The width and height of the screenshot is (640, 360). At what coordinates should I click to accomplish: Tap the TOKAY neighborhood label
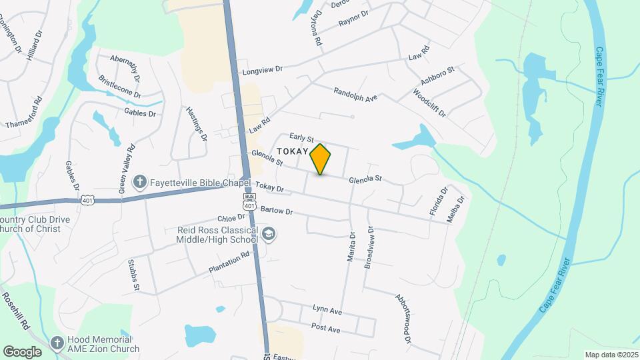pyautogui.click(x=289, y=151)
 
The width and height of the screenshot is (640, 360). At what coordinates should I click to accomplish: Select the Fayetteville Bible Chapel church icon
pyautogui.click(x=140, y=181)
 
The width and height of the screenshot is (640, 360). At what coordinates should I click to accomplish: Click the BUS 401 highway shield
pyautogui.click(x=249, y=202)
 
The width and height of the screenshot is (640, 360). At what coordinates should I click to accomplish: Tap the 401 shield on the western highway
pyautogui.click(x=87, y=199)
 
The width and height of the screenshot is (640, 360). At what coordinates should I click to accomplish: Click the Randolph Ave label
pyautogui.click(x=355, y=94)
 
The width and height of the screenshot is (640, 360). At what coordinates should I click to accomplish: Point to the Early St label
pyautogui.click(x=301, y=137)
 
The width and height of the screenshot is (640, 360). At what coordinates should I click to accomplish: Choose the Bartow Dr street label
pyautogui.click(x=277, y=211)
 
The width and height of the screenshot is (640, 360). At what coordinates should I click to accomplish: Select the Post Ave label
pyautogui.click(x=325, y=329)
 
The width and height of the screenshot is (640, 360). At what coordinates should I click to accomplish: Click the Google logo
pyautogui.click(x=22, y=351)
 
